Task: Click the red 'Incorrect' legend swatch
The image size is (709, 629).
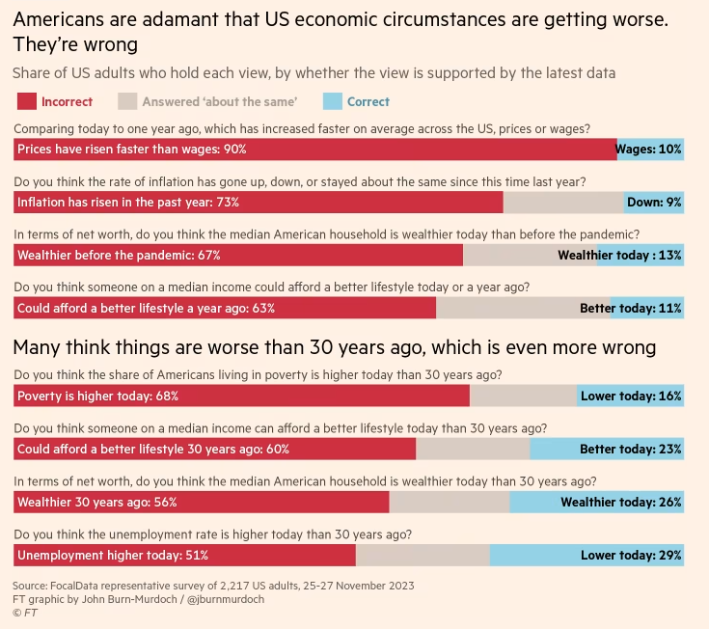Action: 27,101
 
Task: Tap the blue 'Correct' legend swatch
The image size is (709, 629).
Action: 331,101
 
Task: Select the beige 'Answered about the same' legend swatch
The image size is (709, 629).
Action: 127,101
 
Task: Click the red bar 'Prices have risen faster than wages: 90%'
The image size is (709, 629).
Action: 314,150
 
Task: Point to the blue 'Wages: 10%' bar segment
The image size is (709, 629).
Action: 650,150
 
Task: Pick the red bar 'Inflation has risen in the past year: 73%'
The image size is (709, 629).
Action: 259,203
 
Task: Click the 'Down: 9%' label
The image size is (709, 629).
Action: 654,203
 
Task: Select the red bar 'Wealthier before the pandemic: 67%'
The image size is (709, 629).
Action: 238,256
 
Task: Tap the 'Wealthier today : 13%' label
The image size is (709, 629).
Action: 619,256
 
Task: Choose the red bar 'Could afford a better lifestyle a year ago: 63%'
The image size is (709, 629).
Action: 225,309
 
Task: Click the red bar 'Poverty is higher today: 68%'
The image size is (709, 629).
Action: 241,396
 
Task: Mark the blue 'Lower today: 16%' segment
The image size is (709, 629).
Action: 631,396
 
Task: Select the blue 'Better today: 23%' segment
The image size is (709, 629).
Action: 607,449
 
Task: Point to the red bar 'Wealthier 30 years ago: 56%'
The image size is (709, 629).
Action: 201,502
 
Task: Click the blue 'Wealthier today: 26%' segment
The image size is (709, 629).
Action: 597,502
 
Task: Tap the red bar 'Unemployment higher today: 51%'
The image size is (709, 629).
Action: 184,555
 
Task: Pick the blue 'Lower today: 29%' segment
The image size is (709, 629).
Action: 586,555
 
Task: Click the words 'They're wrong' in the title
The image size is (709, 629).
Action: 75,44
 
